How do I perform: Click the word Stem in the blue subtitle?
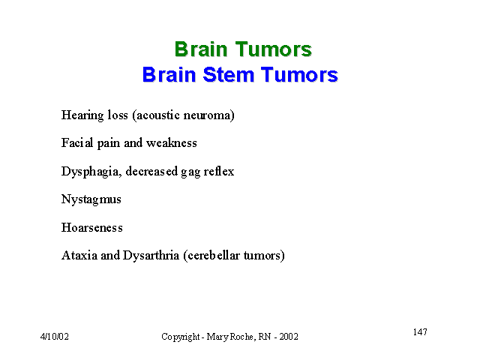(x=228, y=74)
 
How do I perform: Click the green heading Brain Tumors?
(x=243, y=49)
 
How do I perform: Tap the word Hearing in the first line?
(x=82, y=115)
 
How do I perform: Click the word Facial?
(x=77, y=142)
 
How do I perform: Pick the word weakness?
(x=172, y=143)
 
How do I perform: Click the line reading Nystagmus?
(x=91, y=200)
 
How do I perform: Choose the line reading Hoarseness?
(x=91, y=227)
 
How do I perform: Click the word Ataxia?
(x=79, y=255)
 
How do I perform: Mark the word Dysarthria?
(x=151, y=256)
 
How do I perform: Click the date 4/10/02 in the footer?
(x=55, y=337)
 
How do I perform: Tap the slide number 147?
(x=420, y=331)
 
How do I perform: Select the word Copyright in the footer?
(x=181, y=337)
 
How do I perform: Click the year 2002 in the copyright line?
(x=289, y=337)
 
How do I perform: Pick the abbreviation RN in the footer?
(x=265, y=337)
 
